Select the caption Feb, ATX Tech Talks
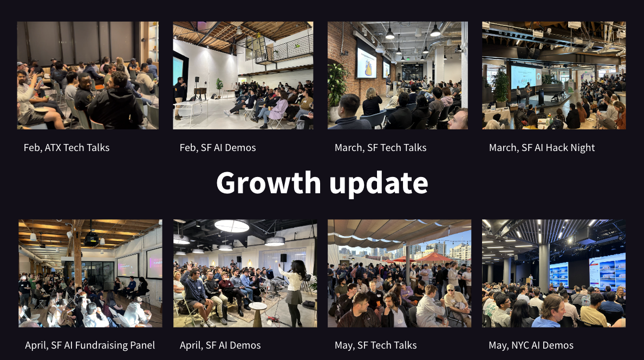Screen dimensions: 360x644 point(67,147)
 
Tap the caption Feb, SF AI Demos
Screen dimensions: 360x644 point(218,147)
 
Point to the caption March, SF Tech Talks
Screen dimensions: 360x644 point(380,147)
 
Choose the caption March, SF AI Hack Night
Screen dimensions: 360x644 point(542,147)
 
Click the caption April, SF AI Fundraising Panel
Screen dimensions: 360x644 point(90,345)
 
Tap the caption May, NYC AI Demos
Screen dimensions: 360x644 point(531,345)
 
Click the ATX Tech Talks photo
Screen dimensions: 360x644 point(88,75)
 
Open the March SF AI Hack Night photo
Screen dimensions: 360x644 point(554,75)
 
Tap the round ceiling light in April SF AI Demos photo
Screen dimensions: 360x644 point(232,226)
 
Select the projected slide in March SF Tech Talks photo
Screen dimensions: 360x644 point(366,63)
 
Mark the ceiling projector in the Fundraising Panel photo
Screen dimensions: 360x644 point(91,238)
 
